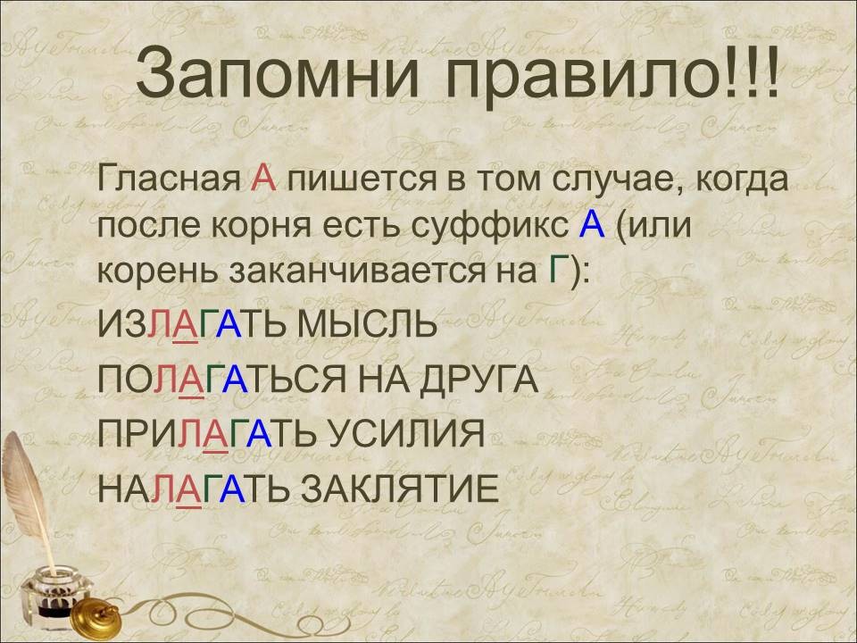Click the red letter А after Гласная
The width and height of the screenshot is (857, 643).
point(263,179)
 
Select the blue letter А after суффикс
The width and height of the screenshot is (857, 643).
point(592,225)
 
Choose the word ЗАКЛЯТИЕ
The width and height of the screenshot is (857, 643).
point(400,489)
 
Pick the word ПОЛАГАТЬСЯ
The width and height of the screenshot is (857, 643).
point(222,379)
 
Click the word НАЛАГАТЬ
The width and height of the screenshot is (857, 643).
point(196,489)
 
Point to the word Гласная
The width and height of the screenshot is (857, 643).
point(170,179)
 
